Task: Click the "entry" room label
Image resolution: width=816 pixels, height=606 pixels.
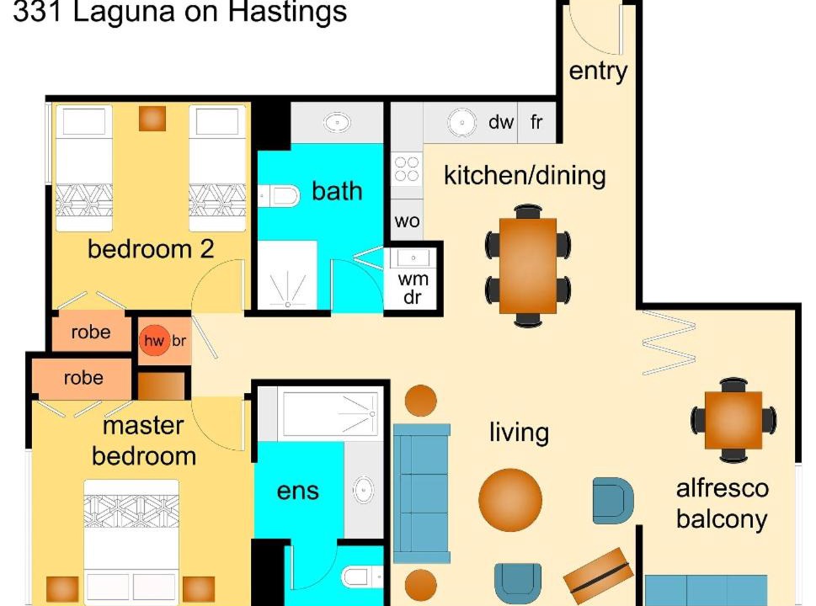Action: coord(598,72)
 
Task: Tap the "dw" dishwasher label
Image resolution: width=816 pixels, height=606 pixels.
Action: coord(501,122)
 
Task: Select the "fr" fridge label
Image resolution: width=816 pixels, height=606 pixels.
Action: coord(536,122)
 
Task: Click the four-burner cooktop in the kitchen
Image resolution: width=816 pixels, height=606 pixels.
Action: coord(407,168)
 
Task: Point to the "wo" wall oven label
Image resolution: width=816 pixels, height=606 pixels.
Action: coord(407,221)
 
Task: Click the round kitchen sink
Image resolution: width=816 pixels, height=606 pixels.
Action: coord(461,123)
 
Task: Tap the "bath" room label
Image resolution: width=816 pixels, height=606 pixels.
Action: coord(337,191)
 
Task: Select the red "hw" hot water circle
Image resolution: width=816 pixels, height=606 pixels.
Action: coord(155,341)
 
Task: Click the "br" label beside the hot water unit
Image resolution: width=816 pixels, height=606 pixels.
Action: coord(179,341)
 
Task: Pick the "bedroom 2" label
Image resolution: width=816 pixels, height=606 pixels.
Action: coord(151,249)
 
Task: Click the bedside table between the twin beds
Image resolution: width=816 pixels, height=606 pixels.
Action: coord(152,119)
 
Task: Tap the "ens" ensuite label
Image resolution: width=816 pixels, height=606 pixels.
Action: coord(297,492)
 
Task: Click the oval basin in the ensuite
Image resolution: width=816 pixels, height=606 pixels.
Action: coord(363,490)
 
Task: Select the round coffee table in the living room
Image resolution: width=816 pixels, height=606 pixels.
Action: coord(510,500)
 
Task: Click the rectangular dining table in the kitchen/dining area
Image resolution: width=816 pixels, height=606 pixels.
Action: coord(528,266)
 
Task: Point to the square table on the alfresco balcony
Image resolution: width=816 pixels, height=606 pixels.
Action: coord(733,420)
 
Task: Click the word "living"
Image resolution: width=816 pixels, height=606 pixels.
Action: coord(519,433)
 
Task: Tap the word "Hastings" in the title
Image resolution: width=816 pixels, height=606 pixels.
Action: coord(287,12)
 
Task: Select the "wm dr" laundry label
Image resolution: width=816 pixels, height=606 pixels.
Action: coord(413,288)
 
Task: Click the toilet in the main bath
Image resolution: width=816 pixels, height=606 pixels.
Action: coord(280,196)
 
